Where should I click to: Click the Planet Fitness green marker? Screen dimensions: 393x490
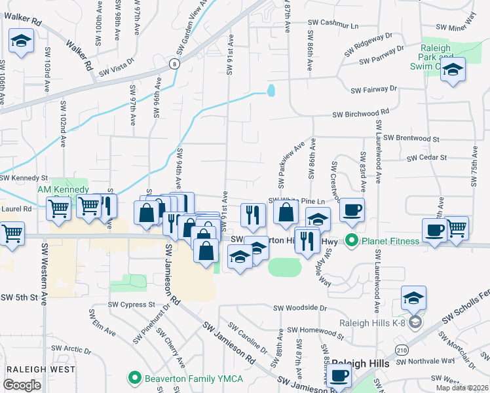pos(352,240)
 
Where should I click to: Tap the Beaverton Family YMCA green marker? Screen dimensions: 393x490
pos(135,378)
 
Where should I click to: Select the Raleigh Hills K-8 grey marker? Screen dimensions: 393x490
pos(415,322)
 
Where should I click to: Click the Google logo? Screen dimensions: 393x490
pos(22,385)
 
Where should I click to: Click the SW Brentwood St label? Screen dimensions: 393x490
pos(411,138)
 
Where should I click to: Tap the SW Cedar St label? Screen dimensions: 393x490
pos(426,158)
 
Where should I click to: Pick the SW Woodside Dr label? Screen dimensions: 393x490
pos(300,307)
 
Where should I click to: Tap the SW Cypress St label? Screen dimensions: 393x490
pos(131,305)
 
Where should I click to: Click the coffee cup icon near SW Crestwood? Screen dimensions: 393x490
pos(352,210)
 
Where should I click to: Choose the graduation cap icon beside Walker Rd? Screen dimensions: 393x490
pos(21,42)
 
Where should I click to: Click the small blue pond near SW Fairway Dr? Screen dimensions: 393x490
pos(271,90)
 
